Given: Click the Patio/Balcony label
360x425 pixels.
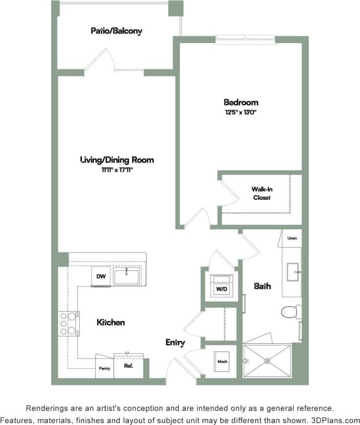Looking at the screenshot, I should [x=116, y=31].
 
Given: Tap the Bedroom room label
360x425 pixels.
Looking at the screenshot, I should [x=241, y=102].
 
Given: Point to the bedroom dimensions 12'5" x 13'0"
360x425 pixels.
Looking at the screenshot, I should [x=241, y=112].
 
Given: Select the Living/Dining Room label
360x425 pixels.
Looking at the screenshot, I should [x=117, y=160].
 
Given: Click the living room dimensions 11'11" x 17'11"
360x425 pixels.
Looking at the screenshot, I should [x=117, y=169].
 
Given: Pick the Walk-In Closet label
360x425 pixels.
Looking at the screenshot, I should [x=262, y=193].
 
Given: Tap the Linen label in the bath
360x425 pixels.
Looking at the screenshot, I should [x=292, y=238].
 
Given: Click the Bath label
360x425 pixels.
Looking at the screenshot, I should [x=262, y=286].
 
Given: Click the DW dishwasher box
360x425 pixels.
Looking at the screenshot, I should [x=101, y=277].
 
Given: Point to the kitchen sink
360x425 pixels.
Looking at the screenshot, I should [x=127, y=276].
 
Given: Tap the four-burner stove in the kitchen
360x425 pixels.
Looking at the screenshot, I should [x=68, y=323].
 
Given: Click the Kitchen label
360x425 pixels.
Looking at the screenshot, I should [x=111, y=322].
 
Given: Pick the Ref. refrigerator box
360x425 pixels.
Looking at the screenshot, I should [x=129, y=366].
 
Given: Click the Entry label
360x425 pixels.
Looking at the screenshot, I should [x=175, y=343].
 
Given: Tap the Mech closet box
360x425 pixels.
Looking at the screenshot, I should [x=222, y=362].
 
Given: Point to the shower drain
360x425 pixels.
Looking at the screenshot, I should [x=267, y=361].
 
